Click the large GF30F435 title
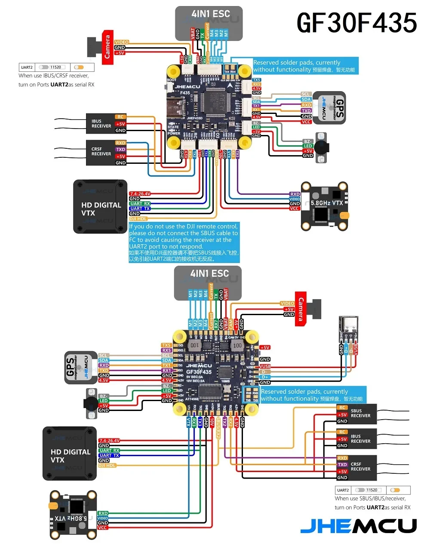click(356, 22)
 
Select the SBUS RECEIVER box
click(356, 414)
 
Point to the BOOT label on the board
click(172, 80)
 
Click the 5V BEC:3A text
click(194, 377)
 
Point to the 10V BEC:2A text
click(195, 381)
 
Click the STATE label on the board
click(173, 127)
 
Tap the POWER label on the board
click(174, 133)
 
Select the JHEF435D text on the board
click(194, 118)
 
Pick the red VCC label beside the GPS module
click(306, 122)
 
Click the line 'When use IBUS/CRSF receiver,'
click(54, 76)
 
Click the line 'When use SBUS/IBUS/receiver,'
click(370, 499)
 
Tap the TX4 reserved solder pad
click(227, 72)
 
